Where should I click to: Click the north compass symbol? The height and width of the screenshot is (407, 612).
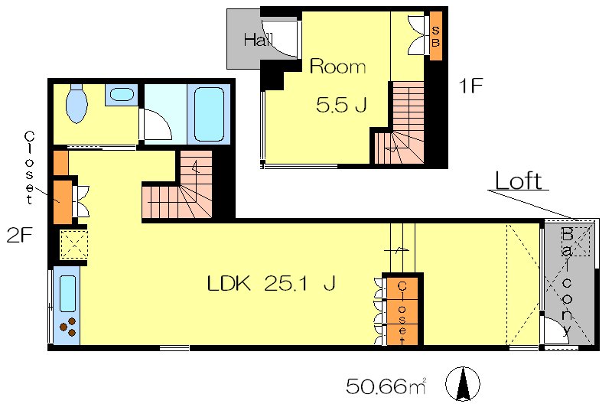click(x=463, y=384)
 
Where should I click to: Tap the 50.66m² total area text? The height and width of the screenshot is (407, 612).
click(x=386, y=386)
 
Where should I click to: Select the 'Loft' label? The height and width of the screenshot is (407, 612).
click(x=519, y=181)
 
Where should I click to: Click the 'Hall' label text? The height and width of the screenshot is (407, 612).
click(x=258, y=40)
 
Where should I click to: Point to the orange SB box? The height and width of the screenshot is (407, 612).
click(x=436, y=36)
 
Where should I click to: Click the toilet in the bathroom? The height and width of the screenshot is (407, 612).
click(x=76, y=103)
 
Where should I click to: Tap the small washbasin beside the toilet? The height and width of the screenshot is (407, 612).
click(x=122, y=94)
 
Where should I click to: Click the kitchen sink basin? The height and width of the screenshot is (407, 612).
click(x=67, y=294)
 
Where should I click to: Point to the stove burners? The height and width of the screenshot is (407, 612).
click(x=67, y=327)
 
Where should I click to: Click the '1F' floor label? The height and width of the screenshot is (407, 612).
click(x=470, y=86)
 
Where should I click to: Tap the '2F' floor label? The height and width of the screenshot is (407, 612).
click(x=19, y=235)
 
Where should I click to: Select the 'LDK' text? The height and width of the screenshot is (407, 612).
click(x=228, y=284)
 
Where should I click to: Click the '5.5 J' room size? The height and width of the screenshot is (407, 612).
click(x=341, y=105)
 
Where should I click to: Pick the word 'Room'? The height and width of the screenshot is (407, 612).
click(x=337, y=67)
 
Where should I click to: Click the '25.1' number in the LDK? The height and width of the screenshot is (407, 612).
click(x=285, y=284)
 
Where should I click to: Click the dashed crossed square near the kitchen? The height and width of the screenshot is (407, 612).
click(x=73, y=244)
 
